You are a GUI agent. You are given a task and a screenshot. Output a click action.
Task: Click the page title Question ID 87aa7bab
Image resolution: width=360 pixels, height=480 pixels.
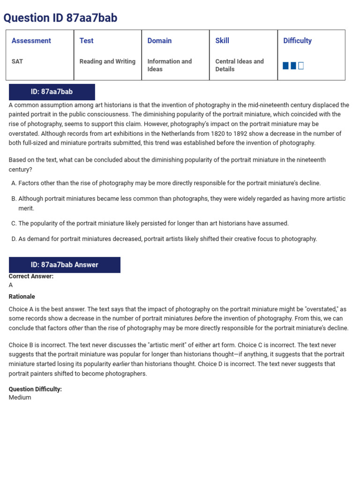point(60,18)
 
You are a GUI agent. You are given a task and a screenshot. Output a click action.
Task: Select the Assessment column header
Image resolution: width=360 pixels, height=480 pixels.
point(31,41)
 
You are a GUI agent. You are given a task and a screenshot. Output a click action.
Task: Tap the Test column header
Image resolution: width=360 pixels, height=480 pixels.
point(86,41)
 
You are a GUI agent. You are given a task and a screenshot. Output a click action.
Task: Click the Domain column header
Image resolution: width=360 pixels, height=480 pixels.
point(159,41)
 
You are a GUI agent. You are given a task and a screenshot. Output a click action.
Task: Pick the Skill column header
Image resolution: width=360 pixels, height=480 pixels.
point(222,41)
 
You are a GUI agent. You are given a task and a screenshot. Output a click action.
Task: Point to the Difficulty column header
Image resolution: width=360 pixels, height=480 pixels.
point(297,41)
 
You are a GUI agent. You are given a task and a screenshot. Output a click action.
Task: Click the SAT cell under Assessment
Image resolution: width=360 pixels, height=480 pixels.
point(17,61)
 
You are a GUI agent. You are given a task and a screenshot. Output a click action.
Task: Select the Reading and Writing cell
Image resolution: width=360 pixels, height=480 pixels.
point(107,61)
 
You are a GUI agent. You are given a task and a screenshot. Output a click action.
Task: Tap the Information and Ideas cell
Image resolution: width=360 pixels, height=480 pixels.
point(169,65)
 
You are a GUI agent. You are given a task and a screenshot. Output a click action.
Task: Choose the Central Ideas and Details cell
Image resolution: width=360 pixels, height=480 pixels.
point(239,65)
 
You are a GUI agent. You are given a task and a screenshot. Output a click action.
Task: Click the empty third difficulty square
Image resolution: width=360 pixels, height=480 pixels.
point(301,66)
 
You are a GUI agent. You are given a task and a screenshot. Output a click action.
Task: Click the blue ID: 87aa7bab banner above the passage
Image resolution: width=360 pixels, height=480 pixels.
point(52,92)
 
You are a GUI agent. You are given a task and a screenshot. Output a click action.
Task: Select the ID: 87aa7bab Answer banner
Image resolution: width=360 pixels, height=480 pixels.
point(65,265)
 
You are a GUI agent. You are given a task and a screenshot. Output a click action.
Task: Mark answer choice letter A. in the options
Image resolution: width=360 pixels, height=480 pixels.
point(14,183)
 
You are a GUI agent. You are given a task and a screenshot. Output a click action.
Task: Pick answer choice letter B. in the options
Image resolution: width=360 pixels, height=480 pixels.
point(14,199)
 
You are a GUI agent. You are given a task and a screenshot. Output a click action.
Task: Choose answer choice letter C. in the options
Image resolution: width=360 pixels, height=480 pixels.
point(14,224)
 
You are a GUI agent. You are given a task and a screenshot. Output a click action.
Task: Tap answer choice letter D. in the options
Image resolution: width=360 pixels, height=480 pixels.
point(14,239)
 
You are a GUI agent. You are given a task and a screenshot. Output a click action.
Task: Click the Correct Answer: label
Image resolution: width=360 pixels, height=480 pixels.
point(31,277)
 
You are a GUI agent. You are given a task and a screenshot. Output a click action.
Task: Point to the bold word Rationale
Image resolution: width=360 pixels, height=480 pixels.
point(22,297)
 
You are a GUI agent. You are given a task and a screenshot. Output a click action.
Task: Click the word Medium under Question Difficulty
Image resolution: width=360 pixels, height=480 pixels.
point(20,397)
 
